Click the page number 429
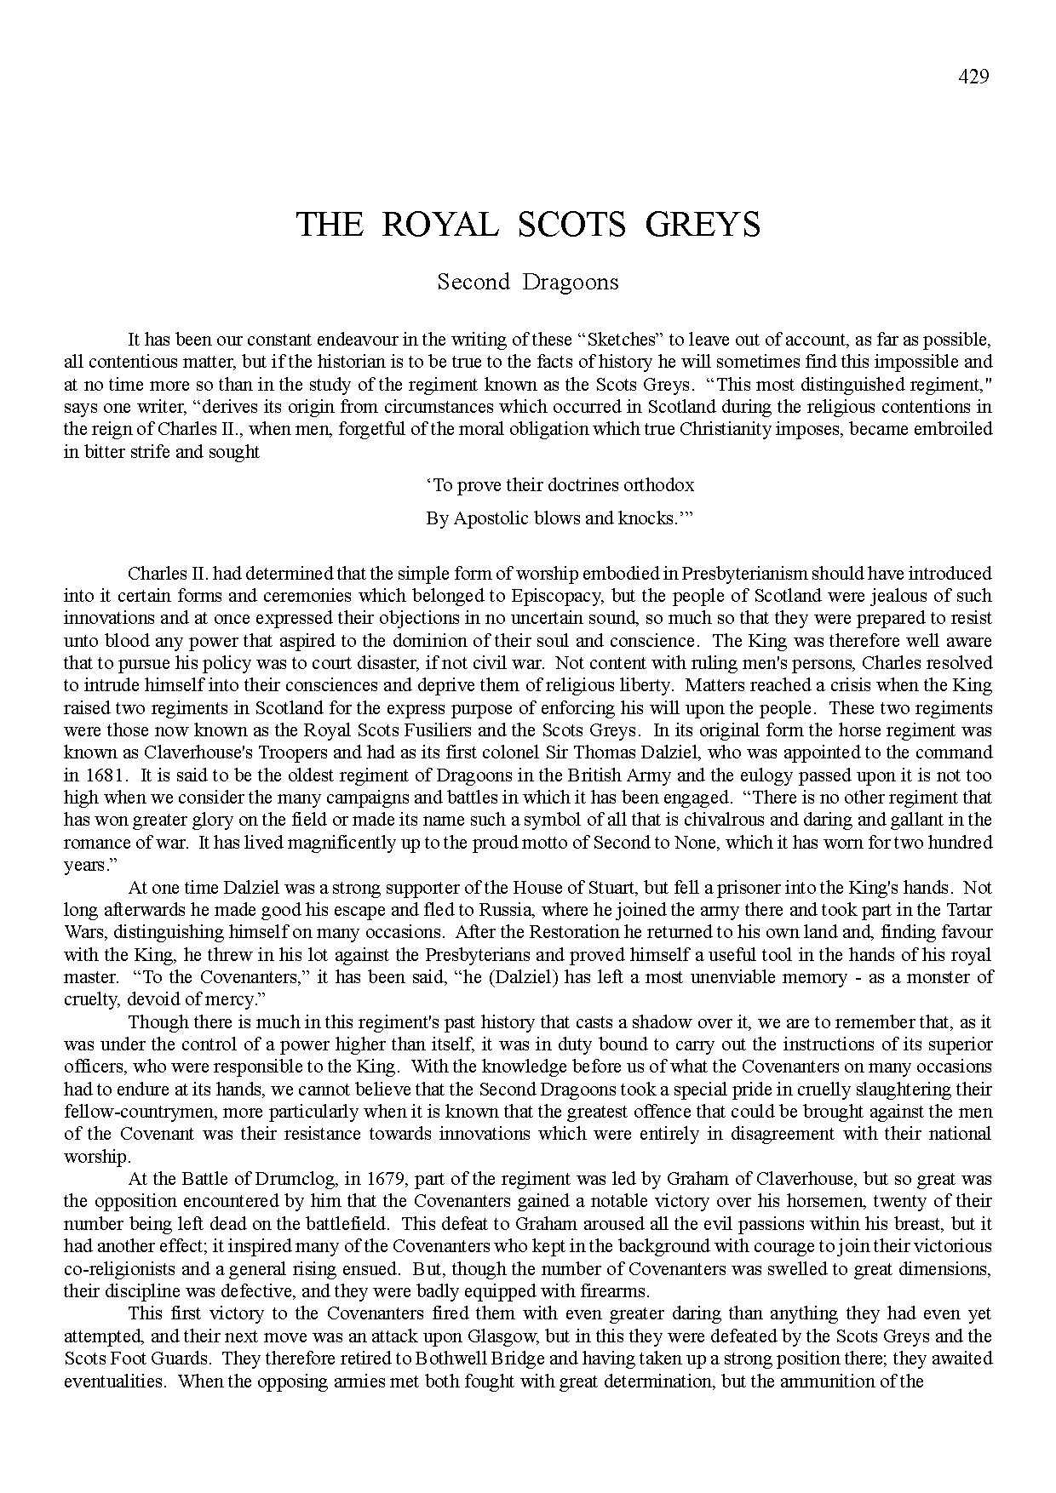pos(973,77)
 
